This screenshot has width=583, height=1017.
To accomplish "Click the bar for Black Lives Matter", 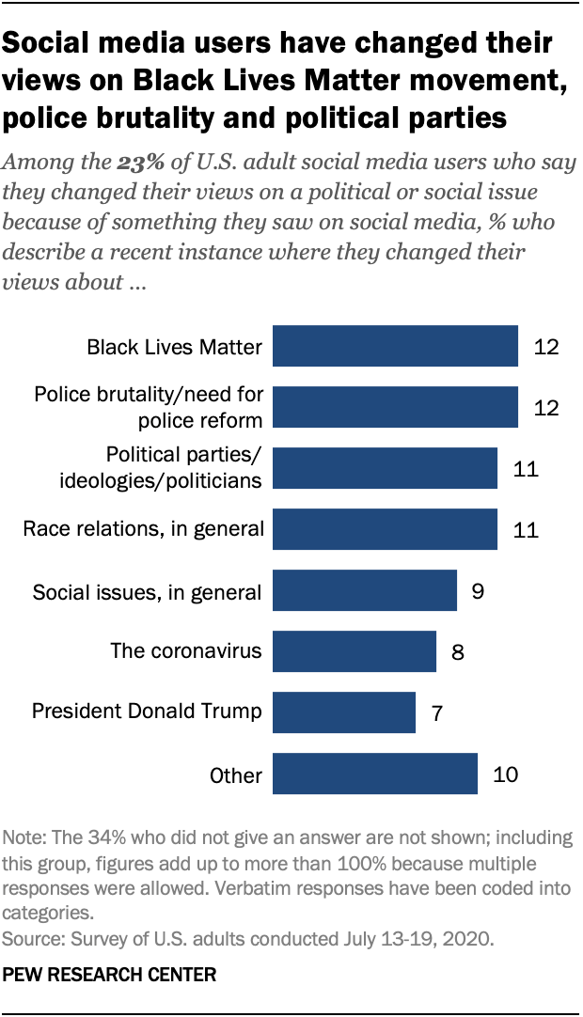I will click(x=395, y=346).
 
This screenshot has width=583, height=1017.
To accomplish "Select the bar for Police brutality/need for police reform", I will click(x=395, y=407).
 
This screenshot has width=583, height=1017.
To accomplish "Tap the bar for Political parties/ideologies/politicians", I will click(x=385, y=468).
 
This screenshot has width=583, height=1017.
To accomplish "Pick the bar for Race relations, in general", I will click(x=385, y=529).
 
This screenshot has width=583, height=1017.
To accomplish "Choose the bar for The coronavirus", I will click(x=354, y=651).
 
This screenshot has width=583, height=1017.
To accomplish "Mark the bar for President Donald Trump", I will click(x=343, y=712).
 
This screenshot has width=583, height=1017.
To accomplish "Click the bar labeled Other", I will click(x=374, y=774).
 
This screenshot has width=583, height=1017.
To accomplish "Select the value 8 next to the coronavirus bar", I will click(x=458, y=652).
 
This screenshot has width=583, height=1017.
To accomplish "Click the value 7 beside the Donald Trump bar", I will click(x=437, y=713).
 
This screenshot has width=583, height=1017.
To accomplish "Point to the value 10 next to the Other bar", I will click(x=505, y=774).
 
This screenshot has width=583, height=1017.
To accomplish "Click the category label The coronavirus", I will click(x=185, y=650).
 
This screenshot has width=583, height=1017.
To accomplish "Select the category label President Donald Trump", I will click(x=147, y=711).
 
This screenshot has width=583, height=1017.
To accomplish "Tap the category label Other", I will click(x=236, y=775).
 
